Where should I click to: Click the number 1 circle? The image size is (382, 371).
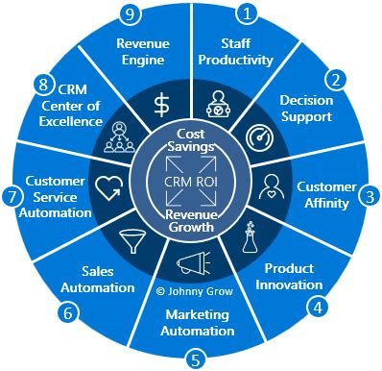[250, 13]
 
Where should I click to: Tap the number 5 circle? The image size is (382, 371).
[196, 360]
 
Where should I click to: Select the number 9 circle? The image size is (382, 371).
[134, 13]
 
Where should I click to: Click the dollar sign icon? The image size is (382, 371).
[162, 104]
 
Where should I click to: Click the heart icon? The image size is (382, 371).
[106, 184]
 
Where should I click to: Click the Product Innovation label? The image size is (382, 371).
[289, 277]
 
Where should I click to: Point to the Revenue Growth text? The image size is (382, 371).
[189, 222]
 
